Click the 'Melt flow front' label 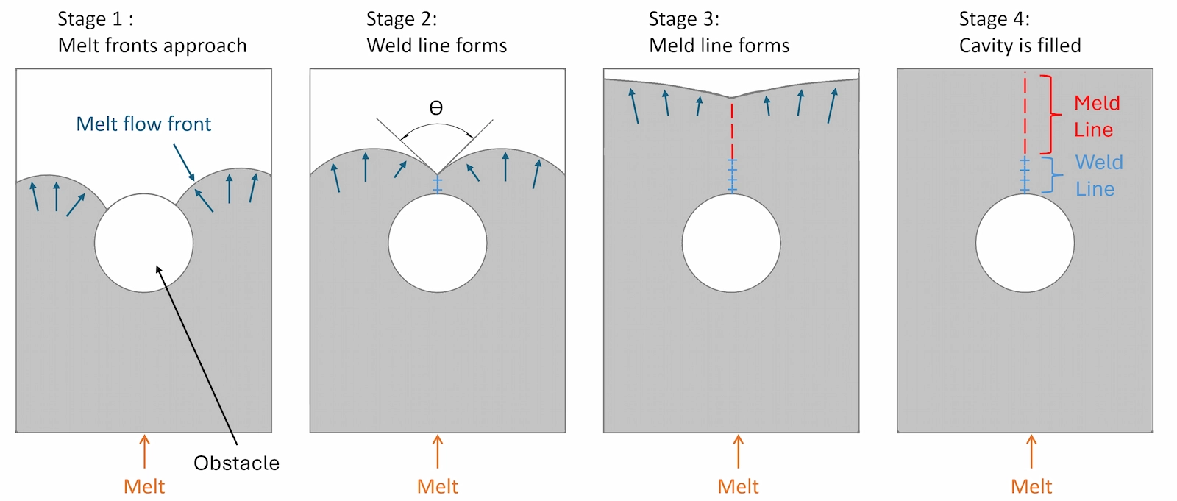[143, 124]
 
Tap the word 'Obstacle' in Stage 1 [236, 463]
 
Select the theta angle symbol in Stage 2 [436, 109]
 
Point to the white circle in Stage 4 [1025, 243]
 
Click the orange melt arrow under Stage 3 [738, 451]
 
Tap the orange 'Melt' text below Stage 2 [437, 486]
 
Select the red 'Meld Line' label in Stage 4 [1096, 116]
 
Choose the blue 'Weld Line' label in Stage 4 [1098, 175]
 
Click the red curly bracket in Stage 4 [1053, 114]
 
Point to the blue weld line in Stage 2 [437, 183]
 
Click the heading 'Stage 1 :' [96, 19]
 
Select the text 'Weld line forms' [437, 46]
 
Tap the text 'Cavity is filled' [1020, 46]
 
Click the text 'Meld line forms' [719, 46]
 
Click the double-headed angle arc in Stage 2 [437, 127]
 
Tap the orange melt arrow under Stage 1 [144, 451]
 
